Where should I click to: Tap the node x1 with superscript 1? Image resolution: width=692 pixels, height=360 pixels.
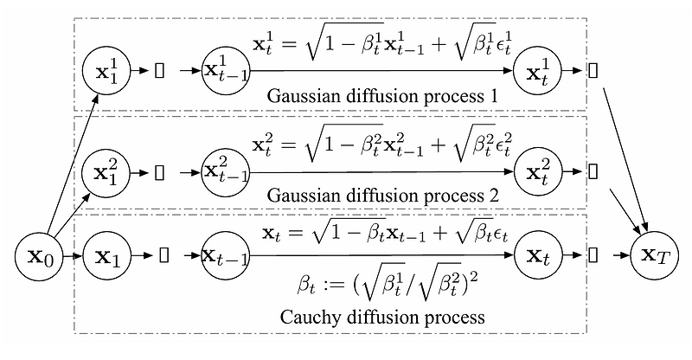[105, 71]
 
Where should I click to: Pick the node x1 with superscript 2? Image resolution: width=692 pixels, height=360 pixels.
[105, 171]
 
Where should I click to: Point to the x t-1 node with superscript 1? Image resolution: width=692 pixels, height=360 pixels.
[225, 71]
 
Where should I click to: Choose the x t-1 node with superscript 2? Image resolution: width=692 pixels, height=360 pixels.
[225, 171]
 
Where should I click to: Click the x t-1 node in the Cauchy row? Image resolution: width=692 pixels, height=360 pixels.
[225, 257]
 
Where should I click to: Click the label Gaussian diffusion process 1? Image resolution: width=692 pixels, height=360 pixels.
[383, 96]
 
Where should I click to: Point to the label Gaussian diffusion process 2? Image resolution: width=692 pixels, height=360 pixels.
[383, 196]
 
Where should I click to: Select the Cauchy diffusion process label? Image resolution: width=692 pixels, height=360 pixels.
[383, 317]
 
